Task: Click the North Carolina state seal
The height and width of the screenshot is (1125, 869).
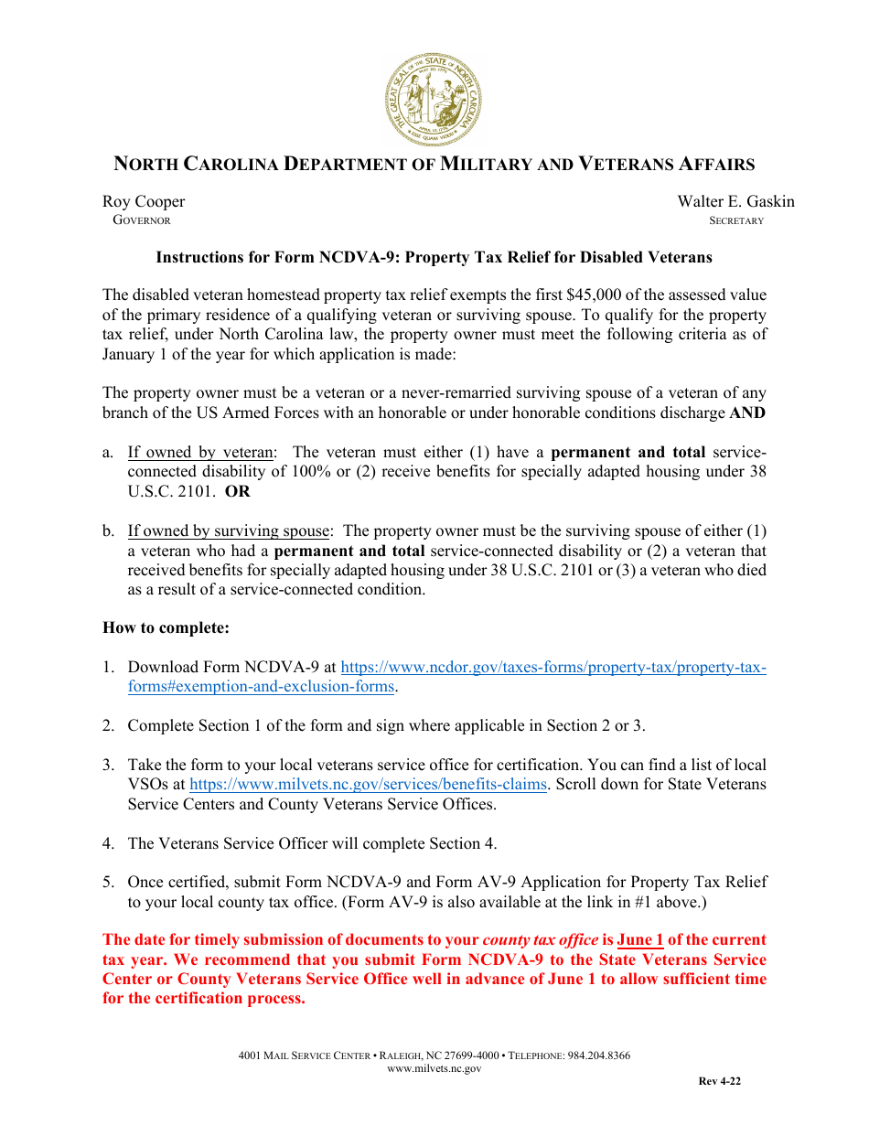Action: point(434,100)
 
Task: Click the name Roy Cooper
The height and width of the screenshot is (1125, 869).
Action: point(144,201)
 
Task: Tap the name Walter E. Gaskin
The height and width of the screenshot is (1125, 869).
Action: point(735,201)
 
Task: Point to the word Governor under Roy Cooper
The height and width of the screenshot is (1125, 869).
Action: point(142,220)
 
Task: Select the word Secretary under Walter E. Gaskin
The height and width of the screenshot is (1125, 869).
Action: point(736,220)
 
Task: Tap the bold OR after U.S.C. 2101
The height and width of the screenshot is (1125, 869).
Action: point(238,491)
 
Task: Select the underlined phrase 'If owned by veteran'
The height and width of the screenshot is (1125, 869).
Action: point(200,452)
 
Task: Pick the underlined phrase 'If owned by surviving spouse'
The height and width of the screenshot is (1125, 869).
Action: point(228,530)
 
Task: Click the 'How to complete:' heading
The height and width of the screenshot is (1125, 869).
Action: point(166,628)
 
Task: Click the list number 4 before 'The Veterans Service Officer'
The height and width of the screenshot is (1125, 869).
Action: point(107,843)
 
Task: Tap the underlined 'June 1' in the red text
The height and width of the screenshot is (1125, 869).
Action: point(640,939)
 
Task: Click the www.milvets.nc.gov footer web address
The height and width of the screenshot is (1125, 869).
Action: point(434,1068)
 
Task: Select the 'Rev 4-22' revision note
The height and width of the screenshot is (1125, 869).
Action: point(719,1081)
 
